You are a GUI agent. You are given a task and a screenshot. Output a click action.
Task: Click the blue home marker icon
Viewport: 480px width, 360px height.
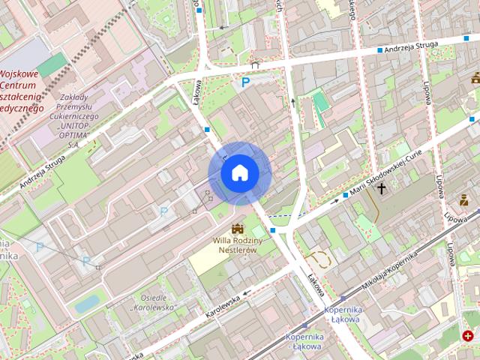pyautogui.click(x=239, y=173)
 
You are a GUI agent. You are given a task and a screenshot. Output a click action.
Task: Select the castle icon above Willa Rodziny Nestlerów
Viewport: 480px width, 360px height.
pyautogui.click(x=238, y=228)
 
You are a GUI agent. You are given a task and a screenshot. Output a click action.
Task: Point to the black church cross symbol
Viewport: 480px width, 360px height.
pyautogui.click(x=382, y=187)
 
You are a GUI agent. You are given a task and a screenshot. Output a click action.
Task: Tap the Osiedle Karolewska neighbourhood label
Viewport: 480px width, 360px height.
pyautogui.click(x=152, y=302)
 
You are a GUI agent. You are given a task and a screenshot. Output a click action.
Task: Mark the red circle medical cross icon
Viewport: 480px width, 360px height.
pyautogui.click(x=469, y=337)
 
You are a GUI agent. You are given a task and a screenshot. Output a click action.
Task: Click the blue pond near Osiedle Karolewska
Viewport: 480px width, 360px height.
pyautogui.click(x=87, y=303)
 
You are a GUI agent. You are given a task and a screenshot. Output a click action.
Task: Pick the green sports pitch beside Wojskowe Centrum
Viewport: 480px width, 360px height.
pyautogui.click(x=52, y=65)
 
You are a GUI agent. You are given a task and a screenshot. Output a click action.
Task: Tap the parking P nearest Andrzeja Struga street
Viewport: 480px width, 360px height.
pyautogui.click(x=245, y=82)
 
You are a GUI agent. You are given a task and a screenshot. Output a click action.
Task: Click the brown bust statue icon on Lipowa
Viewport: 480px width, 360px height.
pyautogui.click(x=464, y=199)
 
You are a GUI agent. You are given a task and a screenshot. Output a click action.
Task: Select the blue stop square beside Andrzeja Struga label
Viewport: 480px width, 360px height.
pyautogui.click(x=466, y=37)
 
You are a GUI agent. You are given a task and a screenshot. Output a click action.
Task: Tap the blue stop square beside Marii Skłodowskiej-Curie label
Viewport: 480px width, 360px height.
pyautogui.click(x=345, y=196)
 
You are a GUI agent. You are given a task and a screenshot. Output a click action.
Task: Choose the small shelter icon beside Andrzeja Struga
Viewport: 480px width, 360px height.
pyautogui.click(x=256, y=64)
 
